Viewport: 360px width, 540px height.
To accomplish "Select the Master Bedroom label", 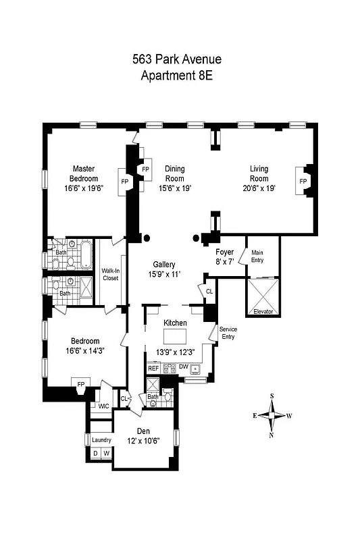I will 84,173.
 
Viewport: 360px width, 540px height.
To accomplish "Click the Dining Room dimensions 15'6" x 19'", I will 175,189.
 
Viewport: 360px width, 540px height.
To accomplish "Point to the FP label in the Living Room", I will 303,182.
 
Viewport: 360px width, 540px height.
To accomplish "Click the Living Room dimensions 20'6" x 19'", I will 259,189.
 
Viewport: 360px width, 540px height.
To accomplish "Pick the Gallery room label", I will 164,265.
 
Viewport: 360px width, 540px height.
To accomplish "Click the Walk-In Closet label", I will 111,274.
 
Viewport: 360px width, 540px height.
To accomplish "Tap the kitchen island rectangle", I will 175,336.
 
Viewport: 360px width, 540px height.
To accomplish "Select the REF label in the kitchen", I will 153,368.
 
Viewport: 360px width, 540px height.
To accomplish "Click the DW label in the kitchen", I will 182,367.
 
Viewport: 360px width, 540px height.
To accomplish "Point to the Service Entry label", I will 228,333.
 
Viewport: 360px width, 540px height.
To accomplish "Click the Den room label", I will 143,431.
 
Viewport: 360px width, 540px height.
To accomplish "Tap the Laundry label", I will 101,440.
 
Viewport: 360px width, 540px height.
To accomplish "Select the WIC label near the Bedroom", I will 103,406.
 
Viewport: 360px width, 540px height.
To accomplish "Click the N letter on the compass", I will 272,435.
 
